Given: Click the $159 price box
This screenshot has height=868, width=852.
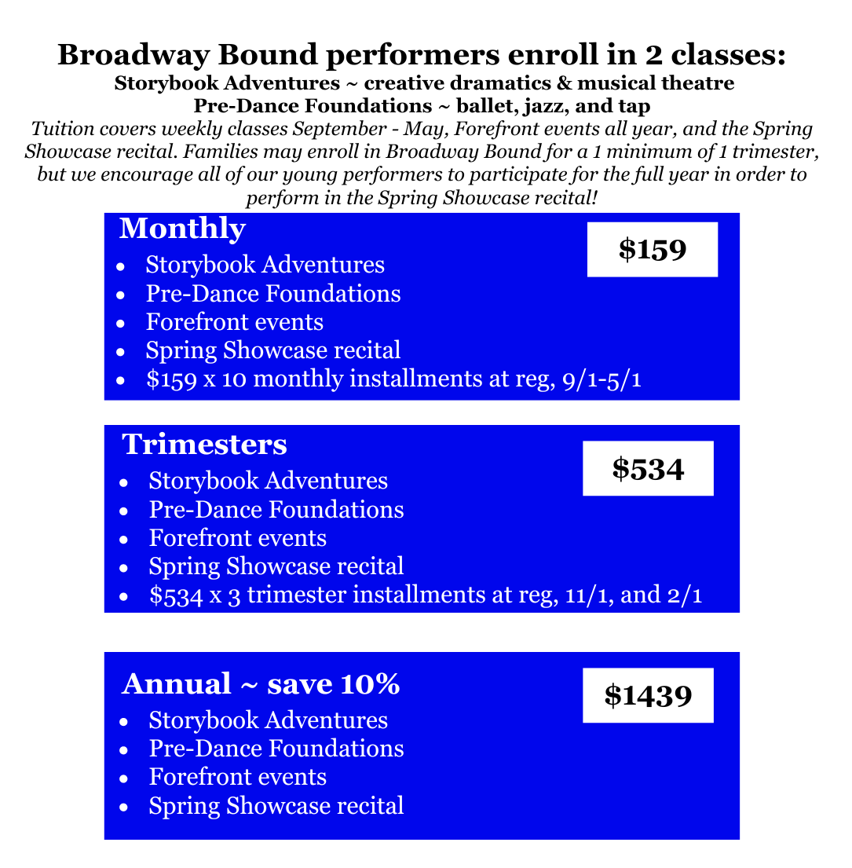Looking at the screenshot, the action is click(653, 250).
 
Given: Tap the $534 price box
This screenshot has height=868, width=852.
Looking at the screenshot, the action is click(648, 469).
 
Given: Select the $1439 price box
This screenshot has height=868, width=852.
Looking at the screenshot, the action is click(648, 695).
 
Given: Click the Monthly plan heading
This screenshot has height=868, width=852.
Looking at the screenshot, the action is click(182, 229).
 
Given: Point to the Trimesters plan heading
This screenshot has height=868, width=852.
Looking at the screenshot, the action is click(204, 445).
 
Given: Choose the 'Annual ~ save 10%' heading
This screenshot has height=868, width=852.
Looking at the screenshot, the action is click(261, 684).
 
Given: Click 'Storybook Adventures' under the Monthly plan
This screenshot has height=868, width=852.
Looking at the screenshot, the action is click(265, 265).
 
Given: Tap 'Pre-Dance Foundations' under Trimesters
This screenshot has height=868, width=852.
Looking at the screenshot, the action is click(276, 510).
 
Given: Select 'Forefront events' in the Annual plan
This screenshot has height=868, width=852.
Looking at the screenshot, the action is click(237, 777).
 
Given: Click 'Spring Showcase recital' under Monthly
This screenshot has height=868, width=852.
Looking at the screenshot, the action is click(272, 350).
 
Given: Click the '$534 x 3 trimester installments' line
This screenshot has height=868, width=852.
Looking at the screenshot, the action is click(425, 595).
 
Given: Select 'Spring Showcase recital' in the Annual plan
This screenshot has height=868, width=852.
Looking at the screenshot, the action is click(276, 805).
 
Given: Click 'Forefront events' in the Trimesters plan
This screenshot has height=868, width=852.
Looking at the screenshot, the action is click(237, 538).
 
